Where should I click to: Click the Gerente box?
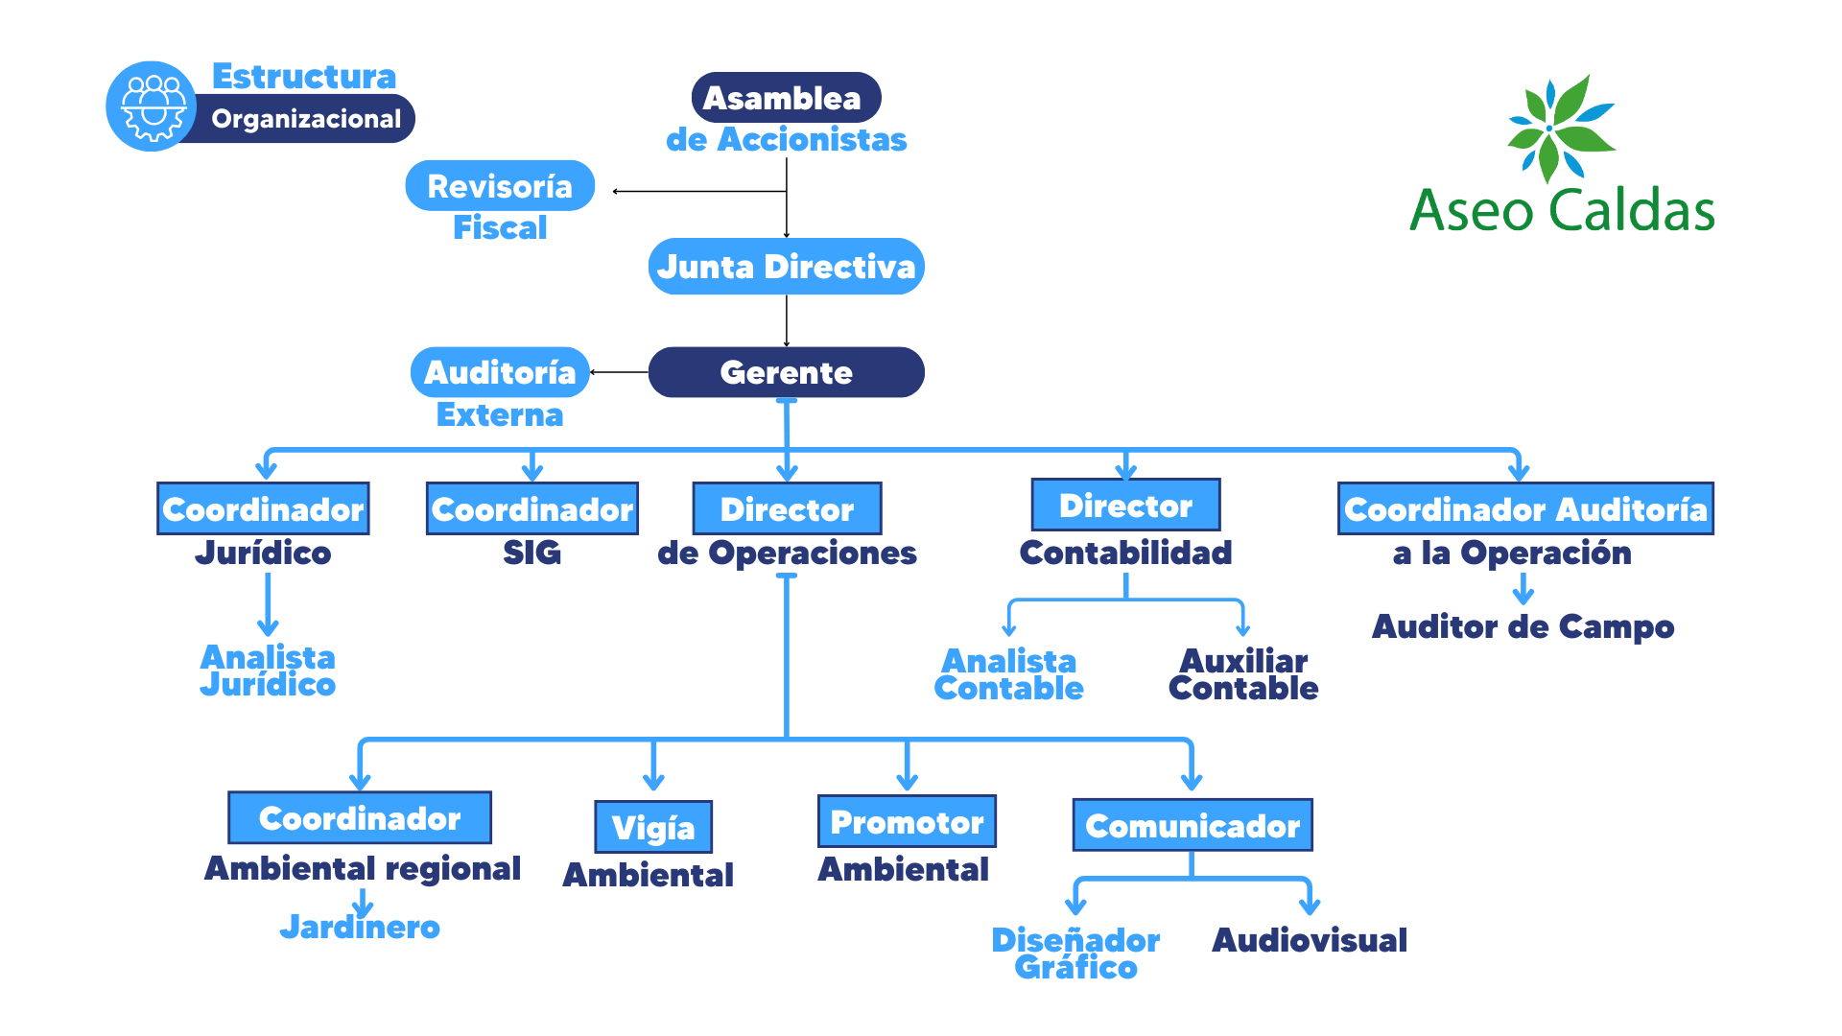click(786, 372)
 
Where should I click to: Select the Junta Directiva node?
click(786, 267)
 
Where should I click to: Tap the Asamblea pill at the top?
click(786, 98)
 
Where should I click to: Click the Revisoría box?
click(500, 186)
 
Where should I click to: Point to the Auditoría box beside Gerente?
click(500, 372)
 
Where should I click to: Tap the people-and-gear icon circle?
click(152, 106)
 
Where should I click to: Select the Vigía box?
click(653, 827)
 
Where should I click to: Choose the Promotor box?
click(907, 822)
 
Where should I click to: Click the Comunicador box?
click(1193, 826)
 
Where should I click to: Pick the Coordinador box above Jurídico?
click(263, 509)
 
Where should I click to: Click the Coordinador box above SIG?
click(532, 509)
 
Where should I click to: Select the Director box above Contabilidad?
click(1125, 506)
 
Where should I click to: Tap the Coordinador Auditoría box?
click(1525, 509)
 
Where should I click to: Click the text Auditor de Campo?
click(1523, 626)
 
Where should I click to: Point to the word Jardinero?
click(360, 927)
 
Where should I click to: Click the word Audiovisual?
click(1310, 940)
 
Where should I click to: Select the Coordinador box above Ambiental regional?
click(360, 818)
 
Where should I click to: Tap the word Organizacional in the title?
click(306, 119)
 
